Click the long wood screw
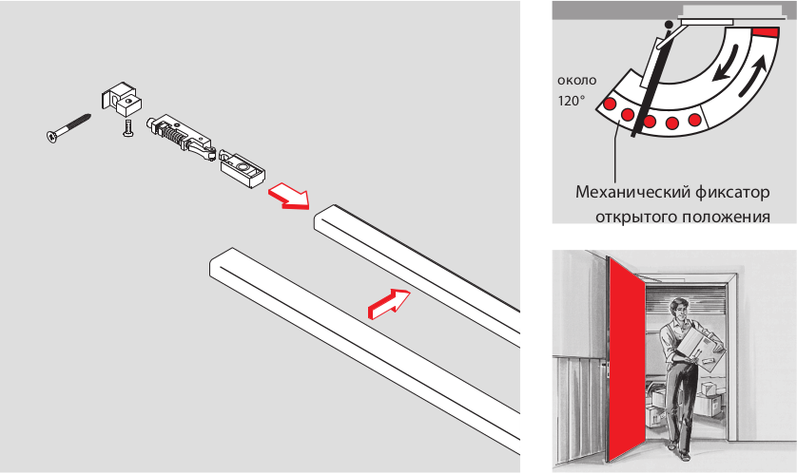tap(68, 128)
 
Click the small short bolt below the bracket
tap(127, 127)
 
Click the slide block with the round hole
tap(243, 167)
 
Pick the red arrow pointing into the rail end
tap(288, 196)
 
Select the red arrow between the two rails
tap(389, 303)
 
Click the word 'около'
tap(577, 81)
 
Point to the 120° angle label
tap(572, 101)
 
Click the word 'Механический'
tap(631, 193)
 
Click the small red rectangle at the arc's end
tap(766, 32)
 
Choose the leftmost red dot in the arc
tap(609, 104)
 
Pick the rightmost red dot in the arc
tap(694, 121)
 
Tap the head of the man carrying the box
tap(677, 309)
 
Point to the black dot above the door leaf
tap(669, 24)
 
